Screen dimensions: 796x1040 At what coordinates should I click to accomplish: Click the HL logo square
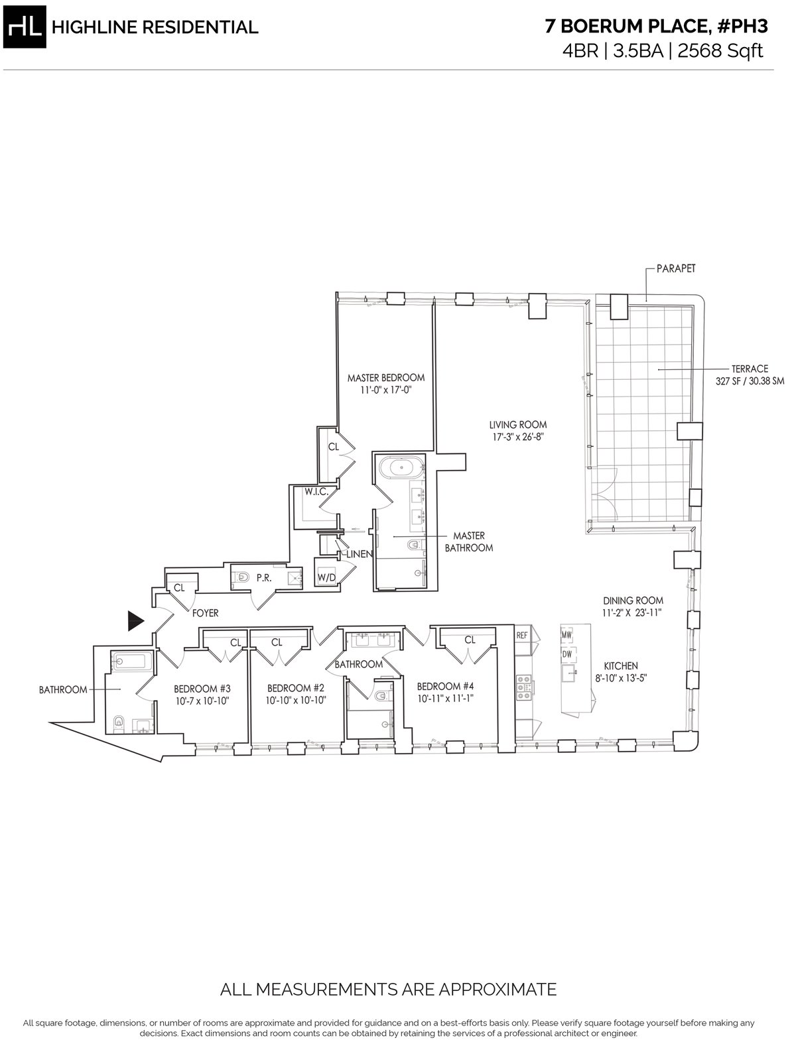(25, 27)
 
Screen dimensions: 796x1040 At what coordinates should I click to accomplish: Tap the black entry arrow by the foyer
(135, 621)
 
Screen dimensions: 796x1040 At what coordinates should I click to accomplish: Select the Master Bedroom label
(386, 378)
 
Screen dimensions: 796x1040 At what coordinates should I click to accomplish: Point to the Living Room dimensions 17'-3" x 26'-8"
(517, 437)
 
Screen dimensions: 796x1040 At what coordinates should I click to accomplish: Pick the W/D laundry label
(326, 578)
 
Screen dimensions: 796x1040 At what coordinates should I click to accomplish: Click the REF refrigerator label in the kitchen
(522, 636)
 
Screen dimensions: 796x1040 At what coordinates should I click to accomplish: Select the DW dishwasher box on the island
(567, 654)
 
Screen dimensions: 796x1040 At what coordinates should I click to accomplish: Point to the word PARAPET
(675, 268)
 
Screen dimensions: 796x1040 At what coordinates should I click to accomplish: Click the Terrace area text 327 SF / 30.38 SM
(750, 381)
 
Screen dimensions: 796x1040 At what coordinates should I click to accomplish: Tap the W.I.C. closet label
(316, 492)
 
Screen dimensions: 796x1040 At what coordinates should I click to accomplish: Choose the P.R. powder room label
(263, 579)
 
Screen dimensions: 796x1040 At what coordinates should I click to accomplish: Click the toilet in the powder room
(243, 577)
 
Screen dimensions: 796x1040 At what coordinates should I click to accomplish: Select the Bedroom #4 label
(445, 686)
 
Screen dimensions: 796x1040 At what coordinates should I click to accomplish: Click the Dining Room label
(633, 601)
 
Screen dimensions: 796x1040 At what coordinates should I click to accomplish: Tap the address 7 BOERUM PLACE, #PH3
(656, 27)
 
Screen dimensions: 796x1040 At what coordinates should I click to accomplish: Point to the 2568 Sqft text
(720, 50)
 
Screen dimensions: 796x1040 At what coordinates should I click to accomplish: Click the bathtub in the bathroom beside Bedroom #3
(129, 661)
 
